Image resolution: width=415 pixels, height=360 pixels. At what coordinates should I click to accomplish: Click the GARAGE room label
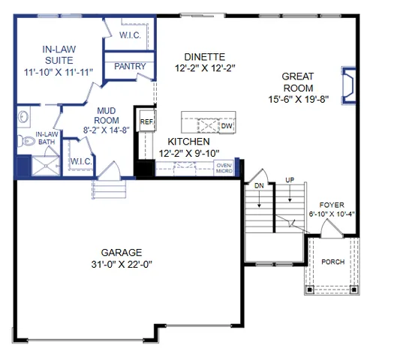tap(122, 252)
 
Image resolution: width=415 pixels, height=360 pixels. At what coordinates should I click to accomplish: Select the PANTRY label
tap(130, 67)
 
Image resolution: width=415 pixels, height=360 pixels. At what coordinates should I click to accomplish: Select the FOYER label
tap(332, 204)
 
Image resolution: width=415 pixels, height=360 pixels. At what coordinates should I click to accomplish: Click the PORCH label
tap(332, 262)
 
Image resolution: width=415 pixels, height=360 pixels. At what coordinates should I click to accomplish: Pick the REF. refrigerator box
tap(146, 121)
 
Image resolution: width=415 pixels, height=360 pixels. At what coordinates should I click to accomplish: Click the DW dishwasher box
tap(227, 126)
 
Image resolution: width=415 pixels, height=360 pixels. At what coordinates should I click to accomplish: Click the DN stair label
tap(259, 184)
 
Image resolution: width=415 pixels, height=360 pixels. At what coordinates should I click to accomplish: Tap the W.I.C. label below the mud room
tap(80, 161)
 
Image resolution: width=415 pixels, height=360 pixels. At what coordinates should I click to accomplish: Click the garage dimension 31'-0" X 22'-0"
tap(122, 264)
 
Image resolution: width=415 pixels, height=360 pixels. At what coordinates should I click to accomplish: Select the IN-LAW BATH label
tap(47, 138)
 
